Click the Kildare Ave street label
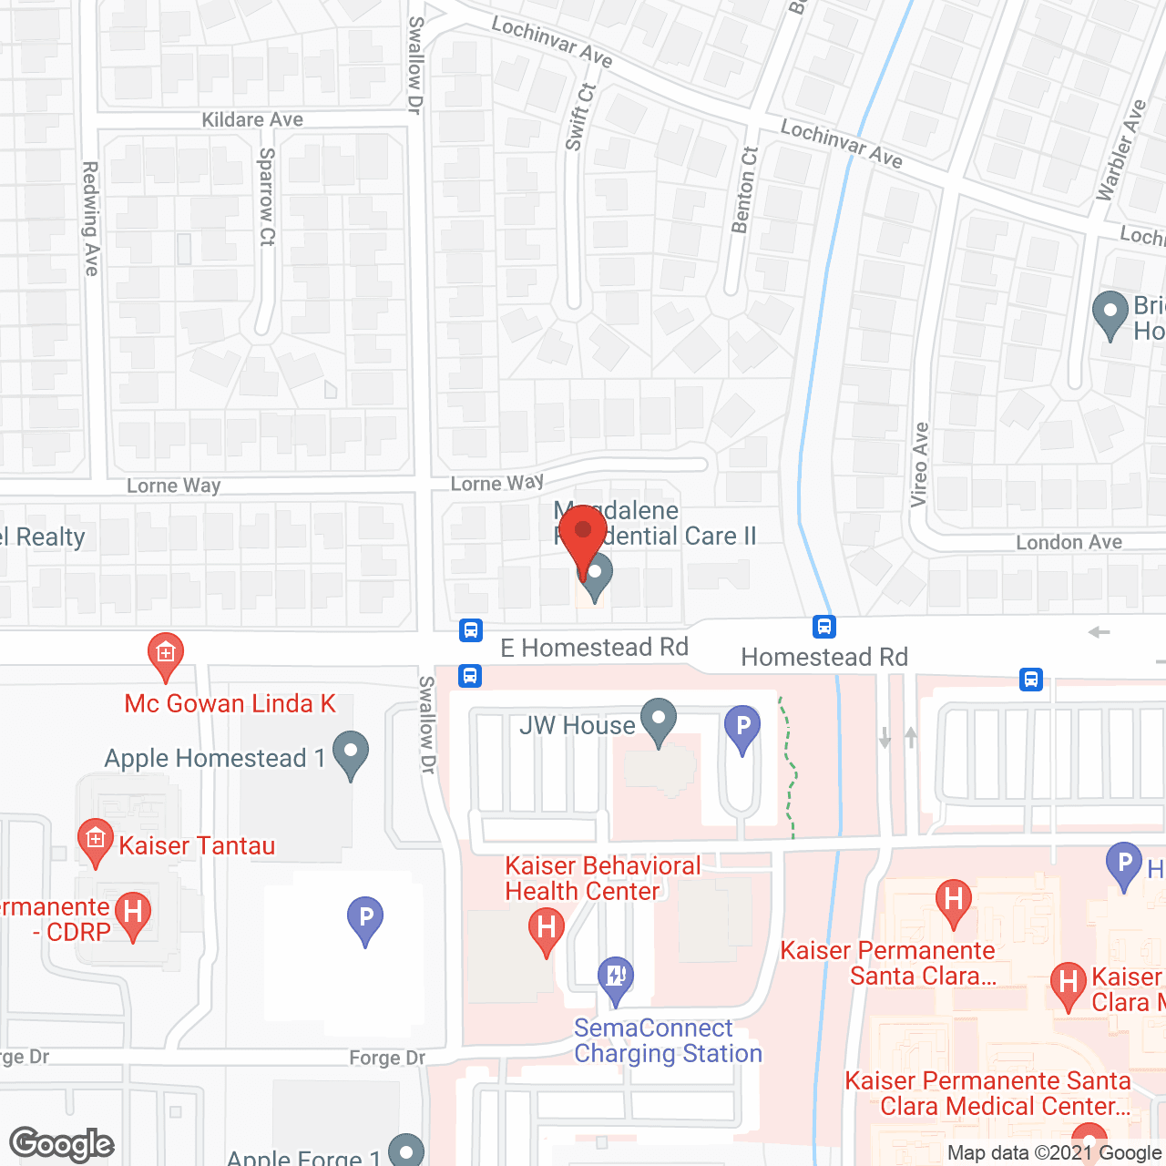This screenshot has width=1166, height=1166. pos(252,119)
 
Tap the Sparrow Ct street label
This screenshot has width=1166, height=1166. pos(266,197)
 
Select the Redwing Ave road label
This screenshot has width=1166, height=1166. pos(90,219)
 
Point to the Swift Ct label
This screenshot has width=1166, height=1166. pos(579,118)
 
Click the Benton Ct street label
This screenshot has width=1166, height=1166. pos(744,190)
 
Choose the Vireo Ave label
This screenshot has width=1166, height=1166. pos(920,465)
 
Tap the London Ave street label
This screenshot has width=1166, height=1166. pos(1069,542)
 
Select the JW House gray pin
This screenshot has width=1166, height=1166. pos(659,721)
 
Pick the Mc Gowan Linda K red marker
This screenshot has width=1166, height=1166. pos(166,656)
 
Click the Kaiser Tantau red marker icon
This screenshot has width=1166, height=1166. pos(95,843)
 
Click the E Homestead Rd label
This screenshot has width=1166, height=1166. pos(594,648)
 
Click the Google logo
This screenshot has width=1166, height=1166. pos(62,1144)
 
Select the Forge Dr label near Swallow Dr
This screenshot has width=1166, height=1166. pos(387,1058)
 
